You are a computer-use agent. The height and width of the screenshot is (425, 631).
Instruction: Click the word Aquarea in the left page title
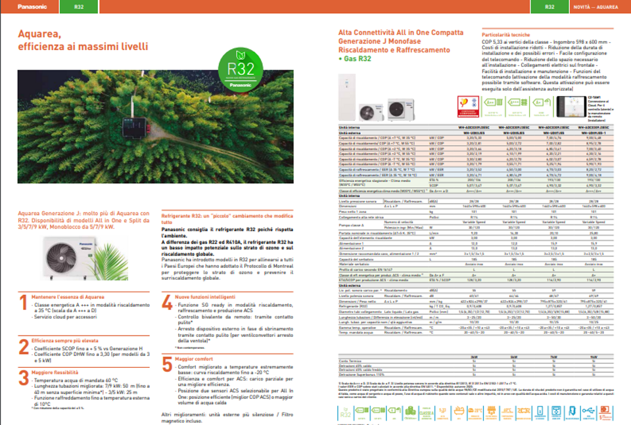39,34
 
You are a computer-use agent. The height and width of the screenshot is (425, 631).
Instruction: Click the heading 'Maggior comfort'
194,359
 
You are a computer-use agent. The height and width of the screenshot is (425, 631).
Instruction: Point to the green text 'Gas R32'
358,58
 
